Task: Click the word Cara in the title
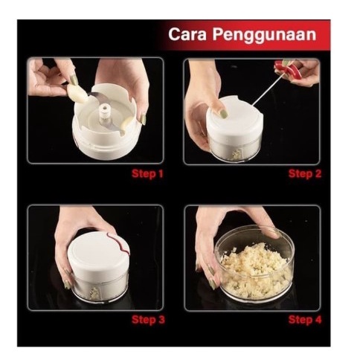pos(187,34)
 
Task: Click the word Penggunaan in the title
pos(264,35)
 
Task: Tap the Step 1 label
pos(147,173)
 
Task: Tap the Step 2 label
pos(305,173)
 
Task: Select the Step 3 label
pos(148,319)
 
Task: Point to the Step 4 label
pos(305,319)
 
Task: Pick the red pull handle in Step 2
pos(290,68)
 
